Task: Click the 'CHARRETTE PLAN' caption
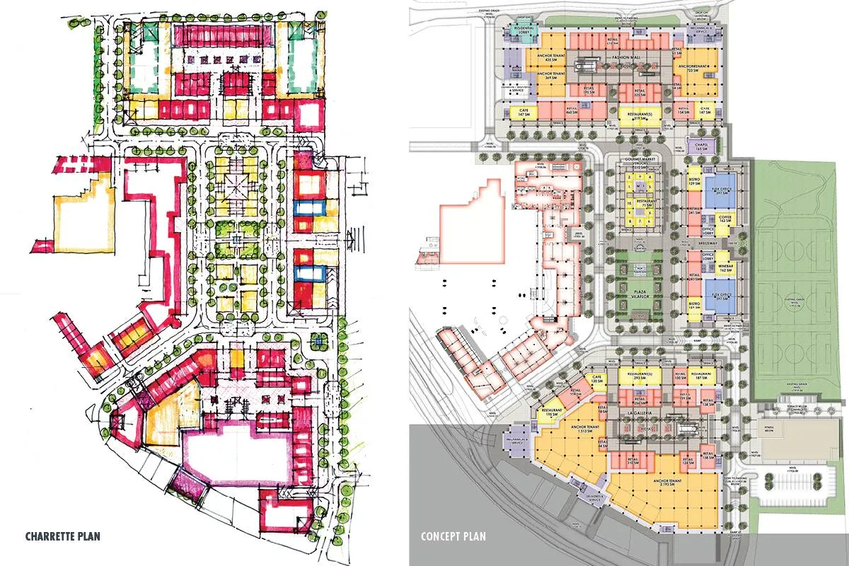tap(62, 536)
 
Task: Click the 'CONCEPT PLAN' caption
tap(453, 536)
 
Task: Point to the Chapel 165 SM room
tap(702, 146)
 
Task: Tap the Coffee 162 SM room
tap(724, 219)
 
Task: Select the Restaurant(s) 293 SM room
tap(639, 376)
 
